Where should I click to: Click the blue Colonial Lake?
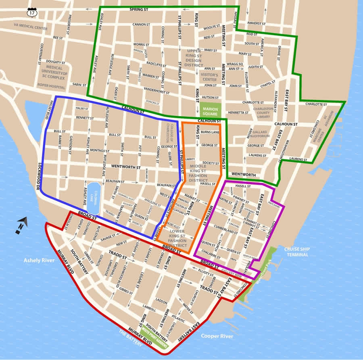pyautogui.click(x=93, y=198)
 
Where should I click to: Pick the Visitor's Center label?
pyautogui.click(x=210, y=77)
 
